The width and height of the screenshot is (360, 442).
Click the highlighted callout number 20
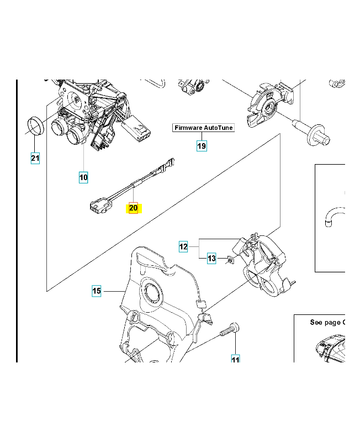coord(133,208)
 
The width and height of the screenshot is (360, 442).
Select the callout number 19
coord(202,146)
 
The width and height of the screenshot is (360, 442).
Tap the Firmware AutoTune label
coord(204,128)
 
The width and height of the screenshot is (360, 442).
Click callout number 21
coord(35,159)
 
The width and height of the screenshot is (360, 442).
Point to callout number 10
coord(83,177)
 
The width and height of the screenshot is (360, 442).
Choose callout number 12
coord(184,246)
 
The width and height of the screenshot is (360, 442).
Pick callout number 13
coord(211,258)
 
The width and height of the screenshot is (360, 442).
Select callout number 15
coord(96,291)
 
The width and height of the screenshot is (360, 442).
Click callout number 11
coord(235,360)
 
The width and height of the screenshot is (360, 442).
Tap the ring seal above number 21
coord(36,127)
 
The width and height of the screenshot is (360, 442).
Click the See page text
coord(326,322)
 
